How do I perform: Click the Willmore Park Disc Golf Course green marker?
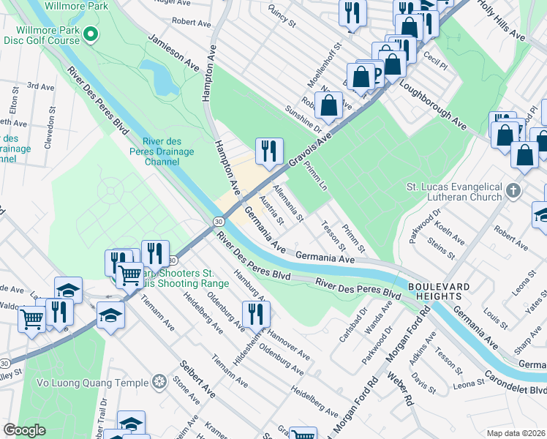point(90,34)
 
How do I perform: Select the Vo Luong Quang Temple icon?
point(159,381)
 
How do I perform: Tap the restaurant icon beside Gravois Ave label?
point(269,151)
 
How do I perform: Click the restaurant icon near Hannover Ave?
point(257,315)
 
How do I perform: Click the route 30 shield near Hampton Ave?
point(219,220)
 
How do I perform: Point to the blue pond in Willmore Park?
point(160,77)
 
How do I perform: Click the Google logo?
point(25,430)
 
